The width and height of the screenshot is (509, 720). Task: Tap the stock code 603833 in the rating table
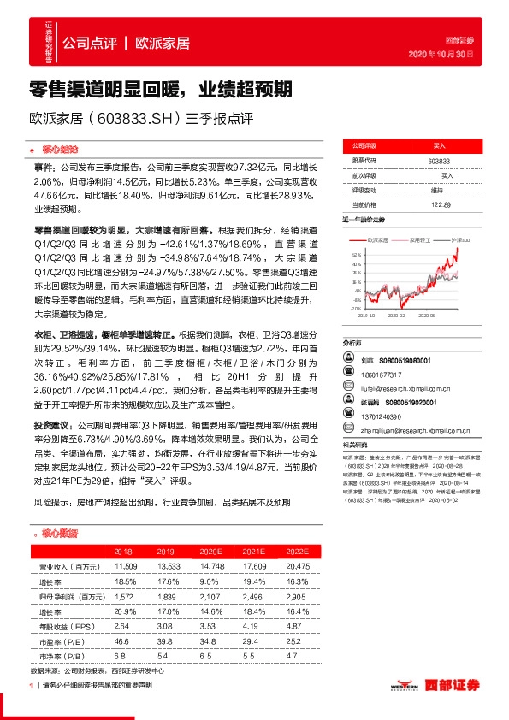click(x=439, y=161)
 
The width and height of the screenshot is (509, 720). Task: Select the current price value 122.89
click(x=439, y=204)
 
